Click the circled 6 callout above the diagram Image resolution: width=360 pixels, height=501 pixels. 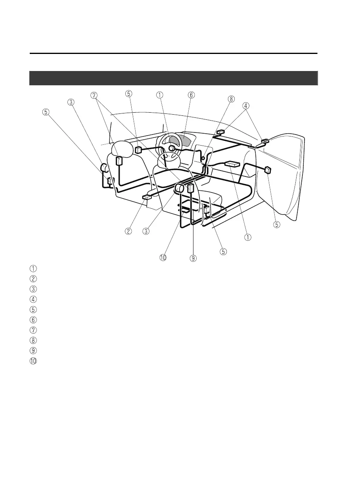(x=191, y=95)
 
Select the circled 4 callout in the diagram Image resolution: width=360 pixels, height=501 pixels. (x=246, y=106)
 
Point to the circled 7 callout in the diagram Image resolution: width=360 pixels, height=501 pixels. (x=94, y=95)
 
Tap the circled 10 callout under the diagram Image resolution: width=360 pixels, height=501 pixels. (x=163, y=258)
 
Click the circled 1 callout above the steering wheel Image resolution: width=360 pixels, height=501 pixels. (x=159, y=95)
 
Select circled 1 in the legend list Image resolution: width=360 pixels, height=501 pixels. (x=34, y=268)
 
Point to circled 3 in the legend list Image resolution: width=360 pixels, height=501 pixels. (x=34, y=289)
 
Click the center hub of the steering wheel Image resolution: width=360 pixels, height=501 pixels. (x=172, y=148)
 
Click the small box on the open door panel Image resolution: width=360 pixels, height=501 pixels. (x=268, y=170)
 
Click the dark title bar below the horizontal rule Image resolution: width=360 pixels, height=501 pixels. (x=174, y=78)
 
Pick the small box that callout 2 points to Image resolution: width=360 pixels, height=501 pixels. (x=146, y=196)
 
